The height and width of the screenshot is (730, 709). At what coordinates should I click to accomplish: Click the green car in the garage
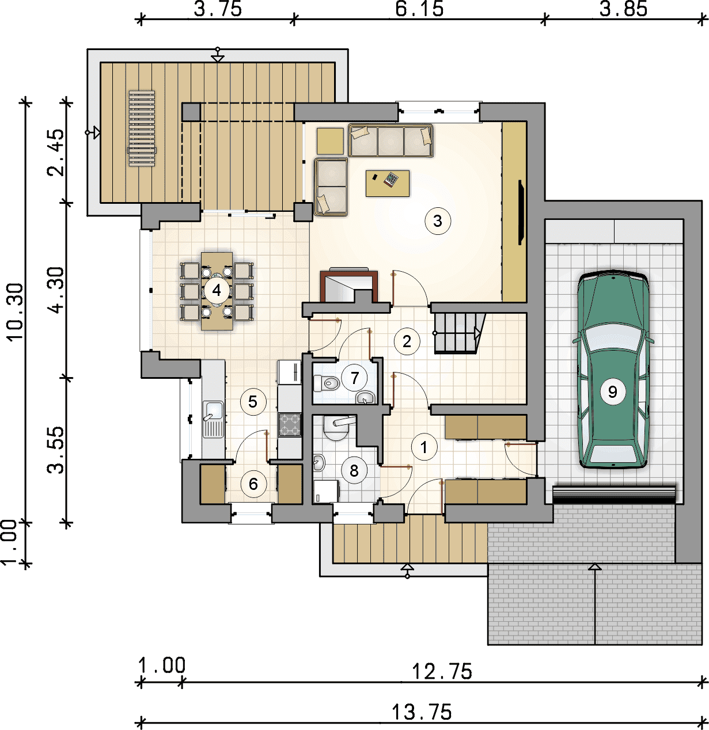612,370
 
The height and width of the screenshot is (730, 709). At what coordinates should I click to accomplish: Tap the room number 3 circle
438,221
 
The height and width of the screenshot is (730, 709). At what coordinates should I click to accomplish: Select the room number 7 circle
355,378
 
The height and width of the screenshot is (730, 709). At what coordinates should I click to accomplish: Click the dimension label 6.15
419,9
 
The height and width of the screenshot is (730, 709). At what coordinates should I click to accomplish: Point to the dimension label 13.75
422,712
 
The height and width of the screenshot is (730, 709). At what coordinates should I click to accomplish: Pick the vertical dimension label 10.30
15,311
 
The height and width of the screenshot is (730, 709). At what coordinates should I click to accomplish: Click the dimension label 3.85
623,9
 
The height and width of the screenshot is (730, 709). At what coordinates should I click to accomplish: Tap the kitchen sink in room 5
213,419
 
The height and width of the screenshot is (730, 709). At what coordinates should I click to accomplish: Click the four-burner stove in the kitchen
289,424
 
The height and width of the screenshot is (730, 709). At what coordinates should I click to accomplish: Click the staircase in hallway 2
460,333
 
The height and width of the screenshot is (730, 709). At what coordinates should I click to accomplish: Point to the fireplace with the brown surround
348,286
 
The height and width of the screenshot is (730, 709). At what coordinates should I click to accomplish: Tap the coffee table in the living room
388,183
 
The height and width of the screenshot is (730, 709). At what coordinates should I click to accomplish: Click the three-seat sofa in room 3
390,140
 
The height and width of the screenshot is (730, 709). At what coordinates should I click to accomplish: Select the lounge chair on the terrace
142,128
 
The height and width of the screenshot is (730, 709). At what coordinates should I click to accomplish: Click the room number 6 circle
253,484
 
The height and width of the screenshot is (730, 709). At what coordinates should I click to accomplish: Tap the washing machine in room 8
327,491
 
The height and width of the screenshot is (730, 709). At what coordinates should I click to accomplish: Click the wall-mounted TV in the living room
521,212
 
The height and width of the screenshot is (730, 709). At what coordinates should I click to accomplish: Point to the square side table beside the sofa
330,141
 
